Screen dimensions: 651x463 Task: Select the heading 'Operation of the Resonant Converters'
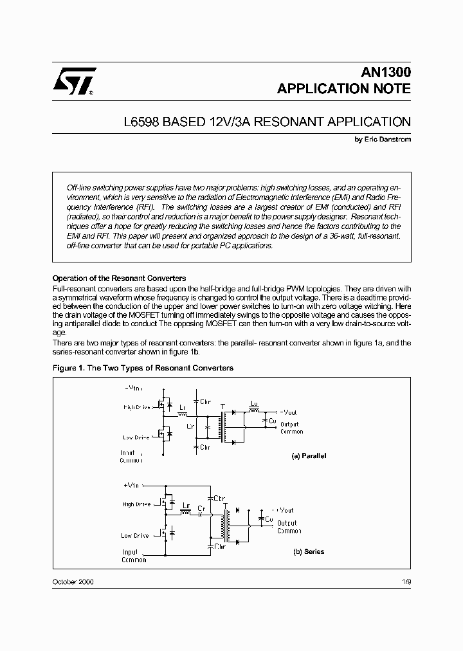point(119,278)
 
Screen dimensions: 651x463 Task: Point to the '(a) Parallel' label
point(309,455)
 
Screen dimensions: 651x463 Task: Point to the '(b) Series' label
point(309,551)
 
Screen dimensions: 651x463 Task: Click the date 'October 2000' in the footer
point(73,582)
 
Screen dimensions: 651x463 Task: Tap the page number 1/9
point(404,582)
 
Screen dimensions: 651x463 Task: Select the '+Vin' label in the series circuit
point(131,485)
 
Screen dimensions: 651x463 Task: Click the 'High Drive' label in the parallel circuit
point(136,407)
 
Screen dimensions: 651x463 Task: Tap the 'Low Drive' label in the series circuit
point(135,535)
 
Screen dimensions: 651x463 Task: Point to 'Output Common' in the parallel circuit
point(291,428)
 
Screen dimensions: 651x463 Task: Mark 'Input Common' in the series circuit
point(134,556)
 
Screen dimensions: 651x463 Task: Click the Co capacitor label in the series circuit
point(269,518)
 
